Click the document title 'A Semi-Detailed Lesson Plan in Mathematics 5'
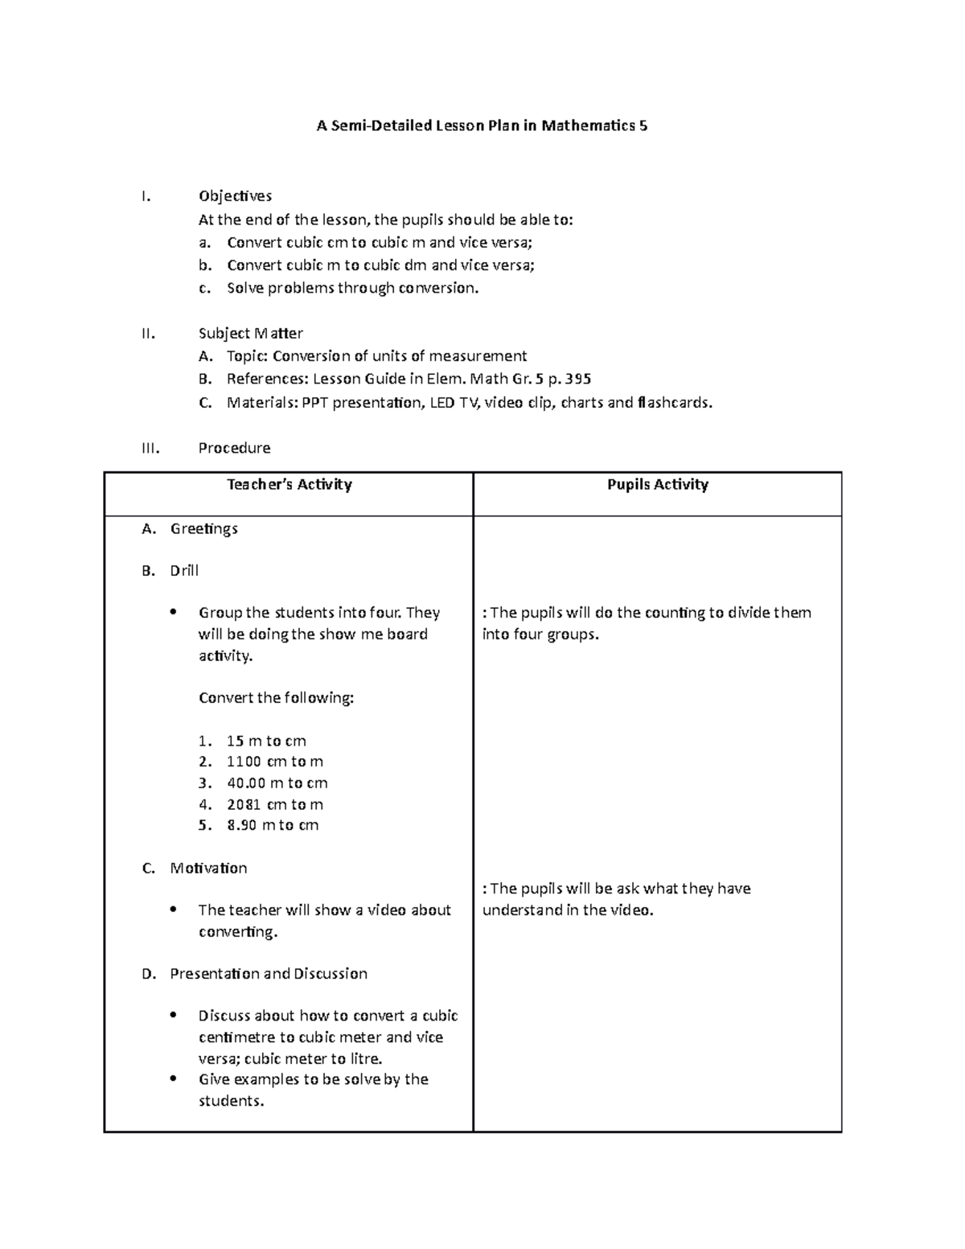(482, 125)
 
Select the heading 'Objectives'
(235, 196)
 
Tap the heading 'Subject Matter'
(250, 333)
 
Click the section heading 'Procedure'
(234, 448)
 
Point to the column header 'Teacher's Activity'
(289, 484)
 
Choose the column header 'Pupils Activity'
(657, 484)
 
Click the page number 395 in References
(577, 379)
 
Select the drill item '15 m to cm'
(266, 741)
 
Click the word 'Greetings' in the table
(203, 529)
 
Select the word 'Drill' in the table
(184, 571)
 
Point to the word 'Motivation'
(208, 869)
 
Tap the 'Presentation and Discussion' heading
(269, 974)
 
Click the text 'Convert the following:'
(276, 698)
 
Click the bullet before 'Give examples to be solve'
(174, 1078)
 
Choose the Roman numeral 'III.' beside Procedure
(150, 448)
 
